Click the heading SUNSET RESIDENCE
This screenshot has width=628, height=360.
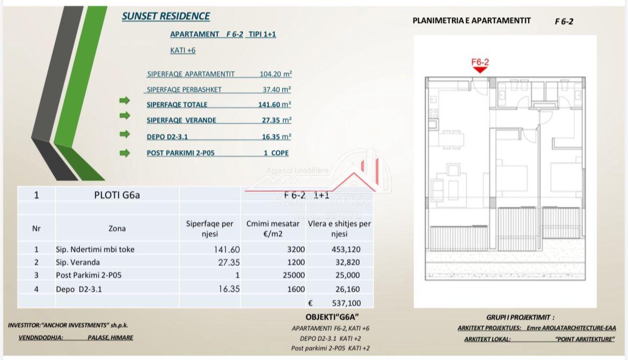pos(166,16)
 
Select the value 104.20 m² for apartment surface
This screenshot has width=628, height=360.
pos(276,74)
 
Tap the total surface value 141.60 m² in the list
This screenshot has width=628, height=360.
pos(275,105)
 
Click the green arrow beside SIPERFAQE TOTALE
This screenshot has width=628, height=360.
pos(125,100)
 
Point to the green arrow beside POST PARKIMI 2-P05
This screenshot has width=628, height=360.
pos(125,153)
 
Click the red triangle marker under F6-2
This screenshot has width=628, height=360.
pos(480,69)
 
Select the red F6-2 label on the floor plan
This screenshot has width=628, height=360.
pos(480,62)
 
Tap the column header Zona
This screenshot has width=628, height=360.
pos(117,229)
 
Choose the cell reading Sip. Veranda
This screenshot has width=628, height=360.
pos(78,262)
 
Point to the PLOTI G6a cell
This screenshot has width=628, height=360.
pos(117,195)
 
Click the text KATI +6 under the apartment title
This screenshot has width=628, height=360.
pos(183,50)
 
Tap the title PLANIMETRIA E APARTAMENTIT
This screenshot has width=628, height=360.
pos(471,20)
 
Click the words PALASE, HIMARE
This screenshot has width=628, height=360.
pos(110,337)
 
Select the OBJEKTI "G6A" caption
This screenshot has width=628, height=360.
pos(332,317)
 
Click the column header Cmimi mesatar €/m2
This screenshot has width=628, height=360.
pos(273,229)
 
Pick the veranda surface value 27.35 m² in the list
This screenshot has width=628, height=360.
pos(276,120)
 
